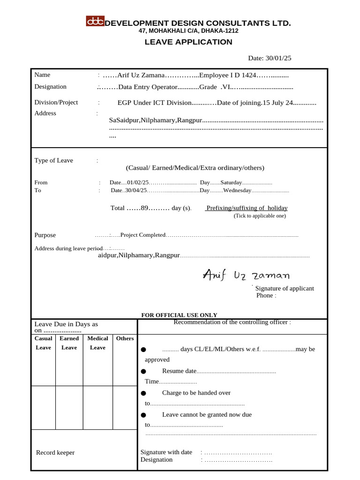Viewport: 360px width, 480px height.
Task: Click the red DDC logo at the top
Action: pyautogui.click(x=95, y=21)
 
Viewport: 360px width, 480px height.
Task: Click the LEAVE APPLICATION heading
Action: pyautogui.click(x=188, y=42)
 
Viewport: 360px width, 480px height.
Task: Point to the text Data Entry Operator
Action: pyautogui.click(x=148, y=87)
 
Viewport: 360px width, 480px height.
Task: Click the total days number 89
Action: pyautogui.click(x=144, y=208)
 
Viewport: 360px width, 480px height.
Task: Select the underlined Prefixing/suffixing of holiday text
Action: pyautogui.click(x=247, y=208)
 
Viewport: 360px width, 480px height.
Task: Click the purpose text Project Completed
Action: pyautogui.click(x=143, y=235)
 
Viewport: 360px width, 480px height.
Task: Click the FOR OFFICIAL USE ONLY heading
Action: pyautogui.click(x=179, y=315)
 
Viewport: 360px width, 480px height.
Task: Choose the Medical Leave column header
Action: pyautogui.click(x=97, y=343)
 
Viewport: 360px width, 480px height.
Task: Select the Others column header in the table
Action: pyautogui.click(x=125, y=338)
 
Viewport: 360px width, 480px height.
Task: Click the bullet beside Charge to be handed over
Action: pyautogui.click(x=143, y=393)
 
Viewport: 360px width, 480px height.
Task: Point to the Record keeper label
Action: pyautogui.click(x=55, y=452)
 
